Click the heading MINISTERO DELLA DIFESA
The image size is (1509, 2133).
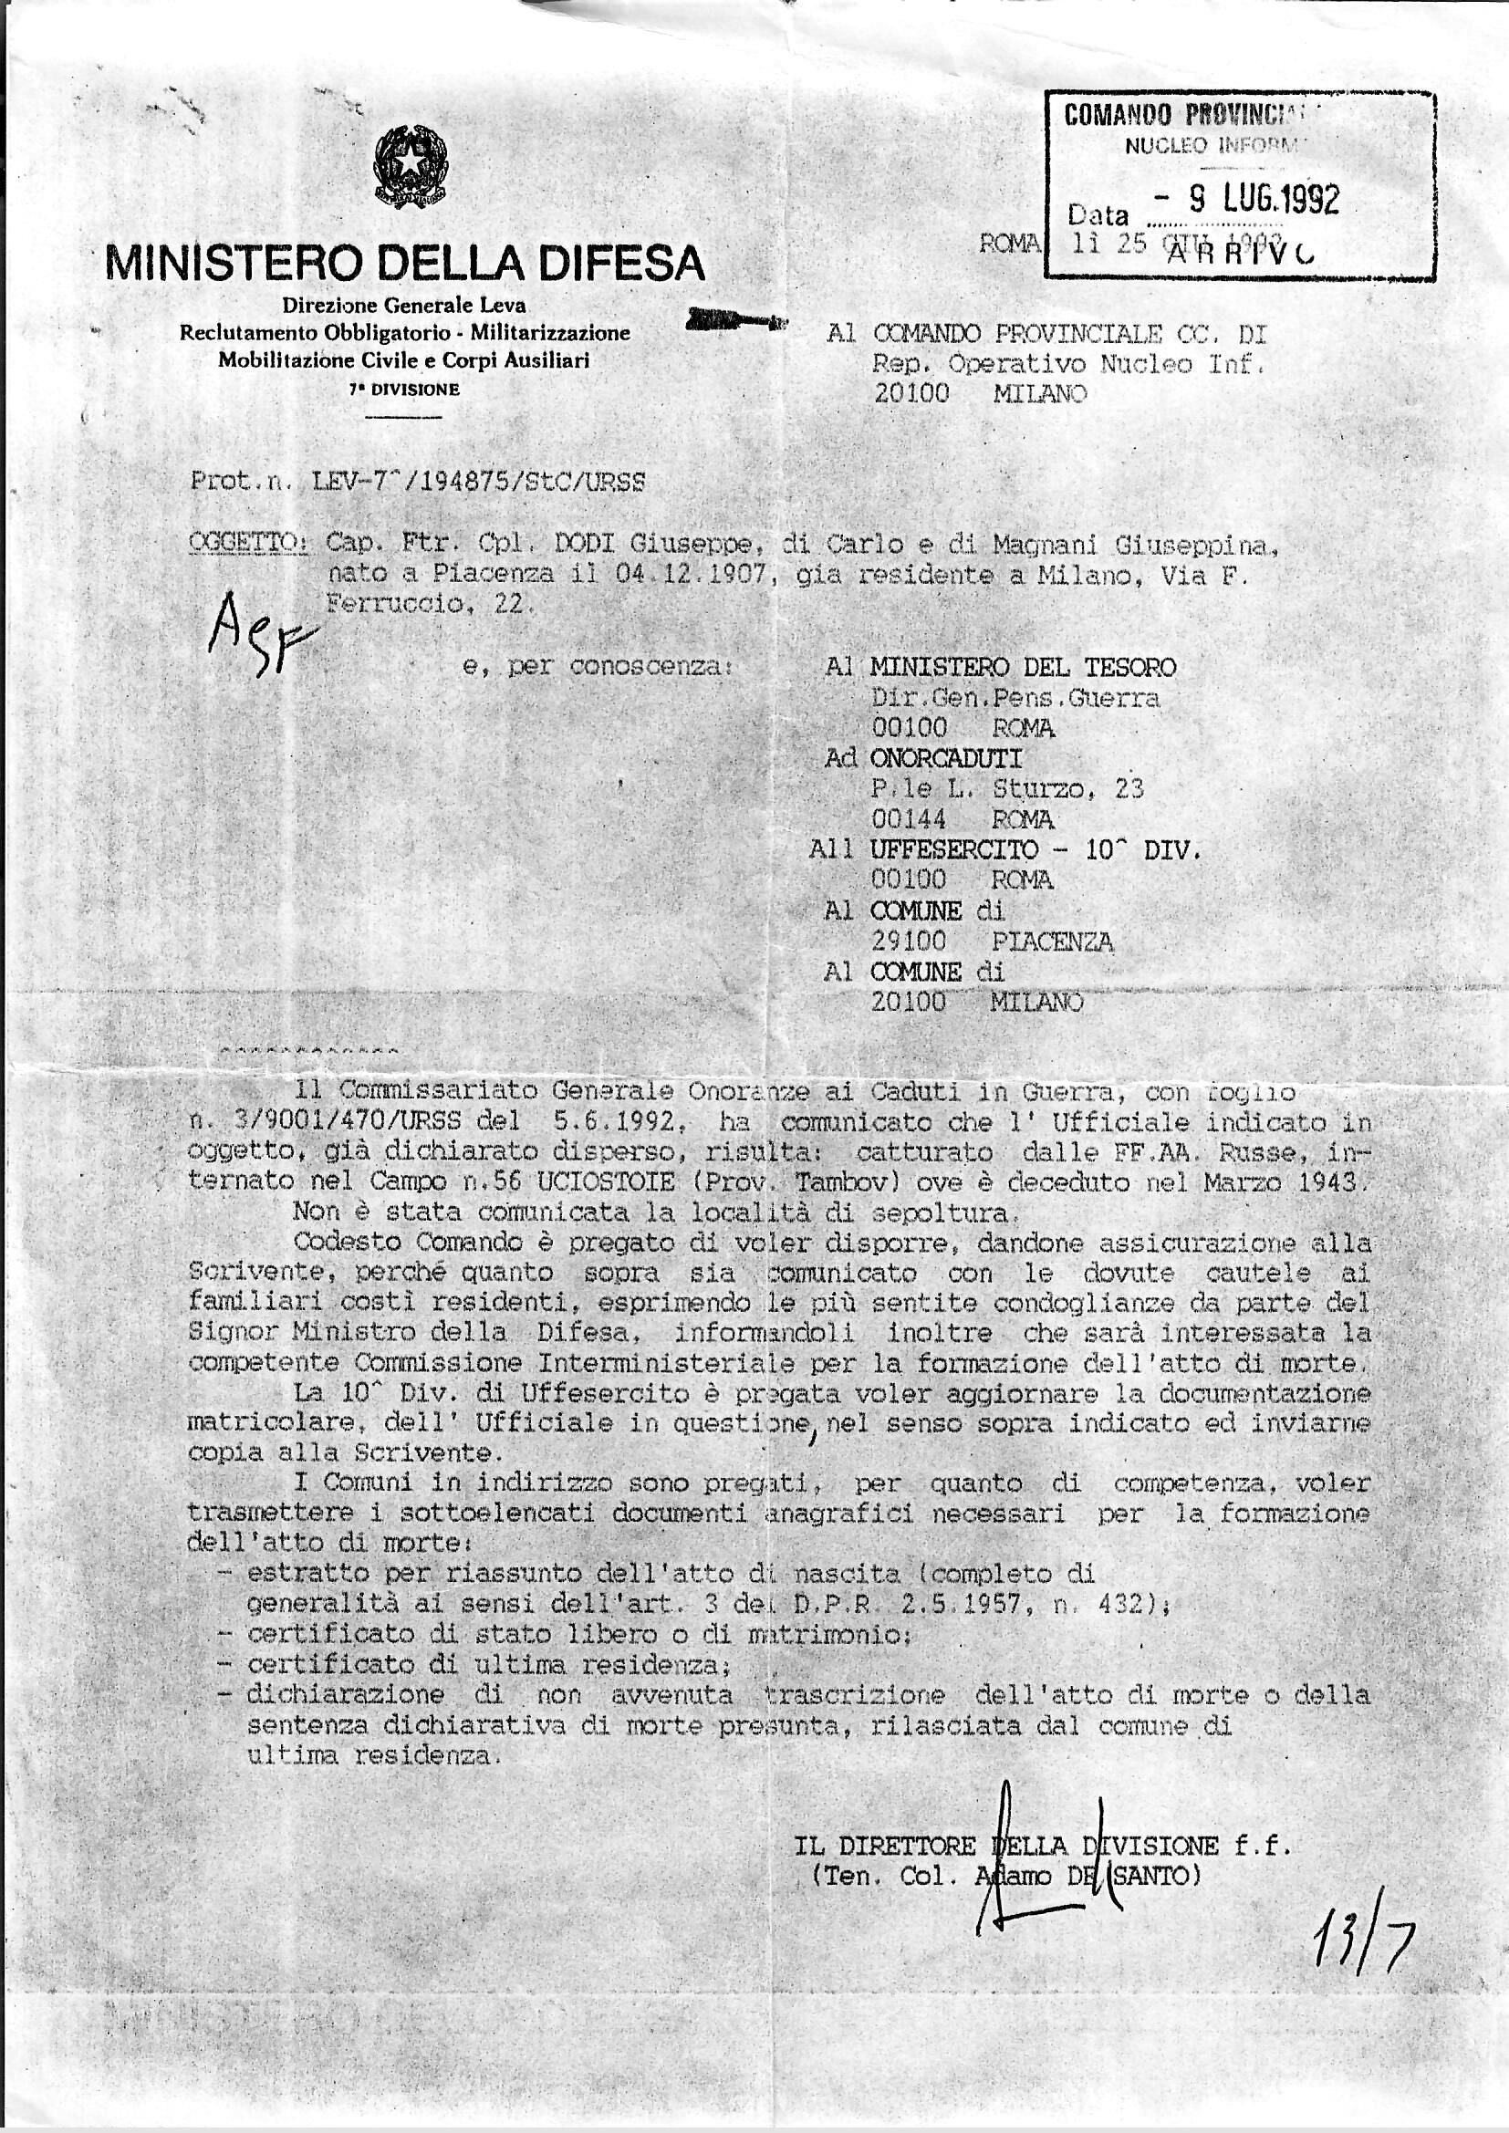[x=406, y=263]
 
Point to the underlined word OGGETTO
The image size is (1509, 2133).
[x=246, y=546]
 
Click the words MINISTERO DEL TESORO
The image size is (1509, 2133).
[x=1022, y=667]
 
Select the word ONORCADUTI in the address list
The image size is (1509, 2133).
[x=945, y=759]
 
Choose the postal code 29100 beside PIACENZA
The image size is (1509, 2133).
[x=909, y=942]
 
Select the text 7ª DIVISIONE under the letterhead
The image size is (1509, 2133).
[x=404, y=391]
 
